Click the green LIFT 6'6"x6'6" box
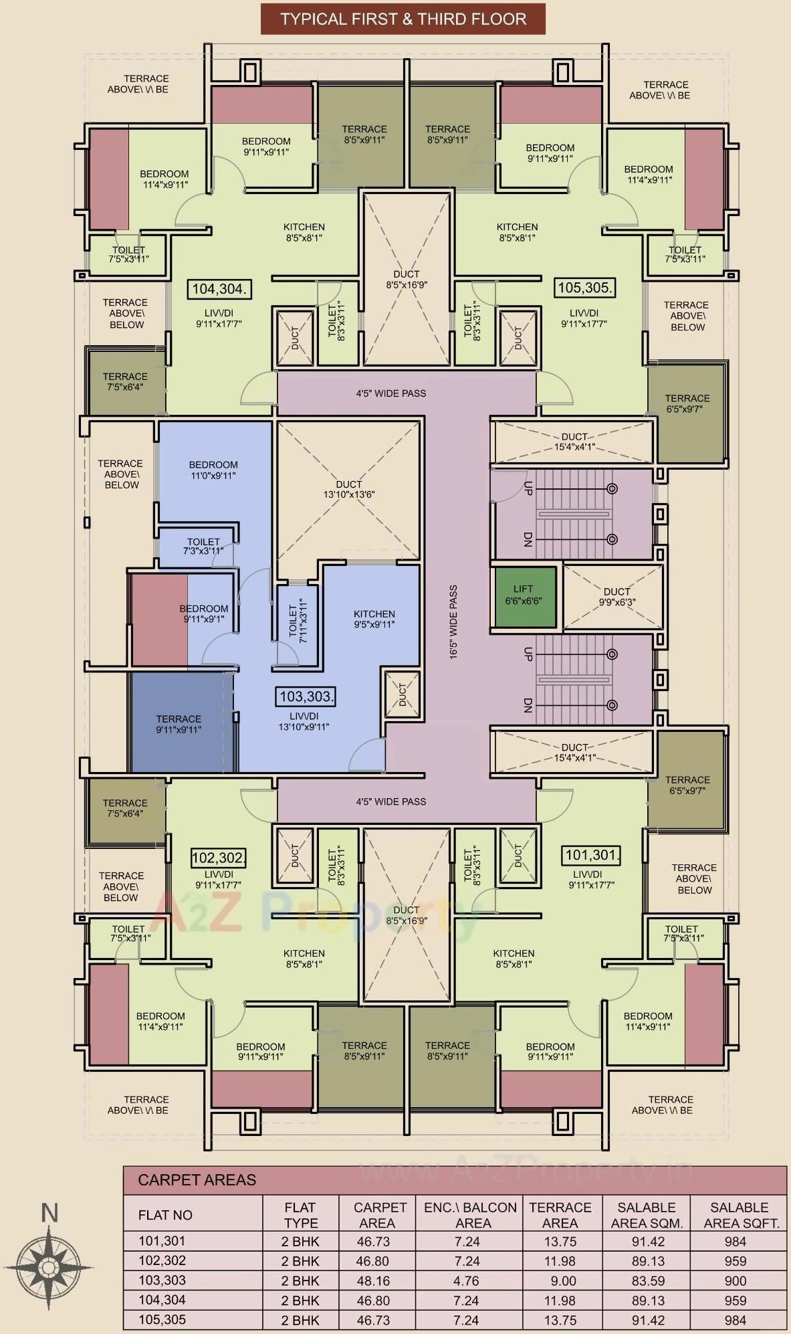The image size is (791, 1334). tap(524, 596)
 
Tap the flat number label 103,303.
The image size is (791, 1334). tap(306, 696)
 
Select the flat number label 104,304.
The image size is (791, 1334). tap(219, 289)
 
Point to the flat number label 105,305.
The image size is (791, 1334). tap(584, 288)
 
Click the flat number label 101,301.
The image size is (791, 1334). tap(592, 855)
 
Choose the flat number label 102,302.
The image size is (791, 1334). tap(218, 858)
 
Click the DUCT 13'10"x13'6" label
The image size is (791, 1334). tap(348, 489)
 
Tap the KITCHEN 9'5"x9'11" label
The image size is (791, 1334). tap(374, 619)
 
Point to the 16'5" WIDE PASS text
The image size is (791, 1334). tap(453, 622)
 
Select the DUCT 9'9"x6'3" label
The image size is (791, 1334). tap(616, 596)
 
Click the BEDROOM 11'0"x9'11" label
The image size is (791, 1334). tap(213, 470)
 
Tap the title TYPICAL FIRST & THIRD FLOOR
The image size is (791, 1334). tap(403, 19)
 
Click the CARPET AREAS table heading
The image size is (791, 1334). tap(197, 1179)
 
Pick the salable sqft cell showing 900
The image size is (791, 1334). tap(735, 1280)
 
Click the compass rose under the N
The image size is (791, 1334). tap(49, 1266)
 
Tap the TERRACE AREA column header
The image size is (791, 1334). tap(560, 1215)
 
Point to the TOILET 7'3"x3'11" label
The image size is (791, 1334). tap(203, 547)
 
